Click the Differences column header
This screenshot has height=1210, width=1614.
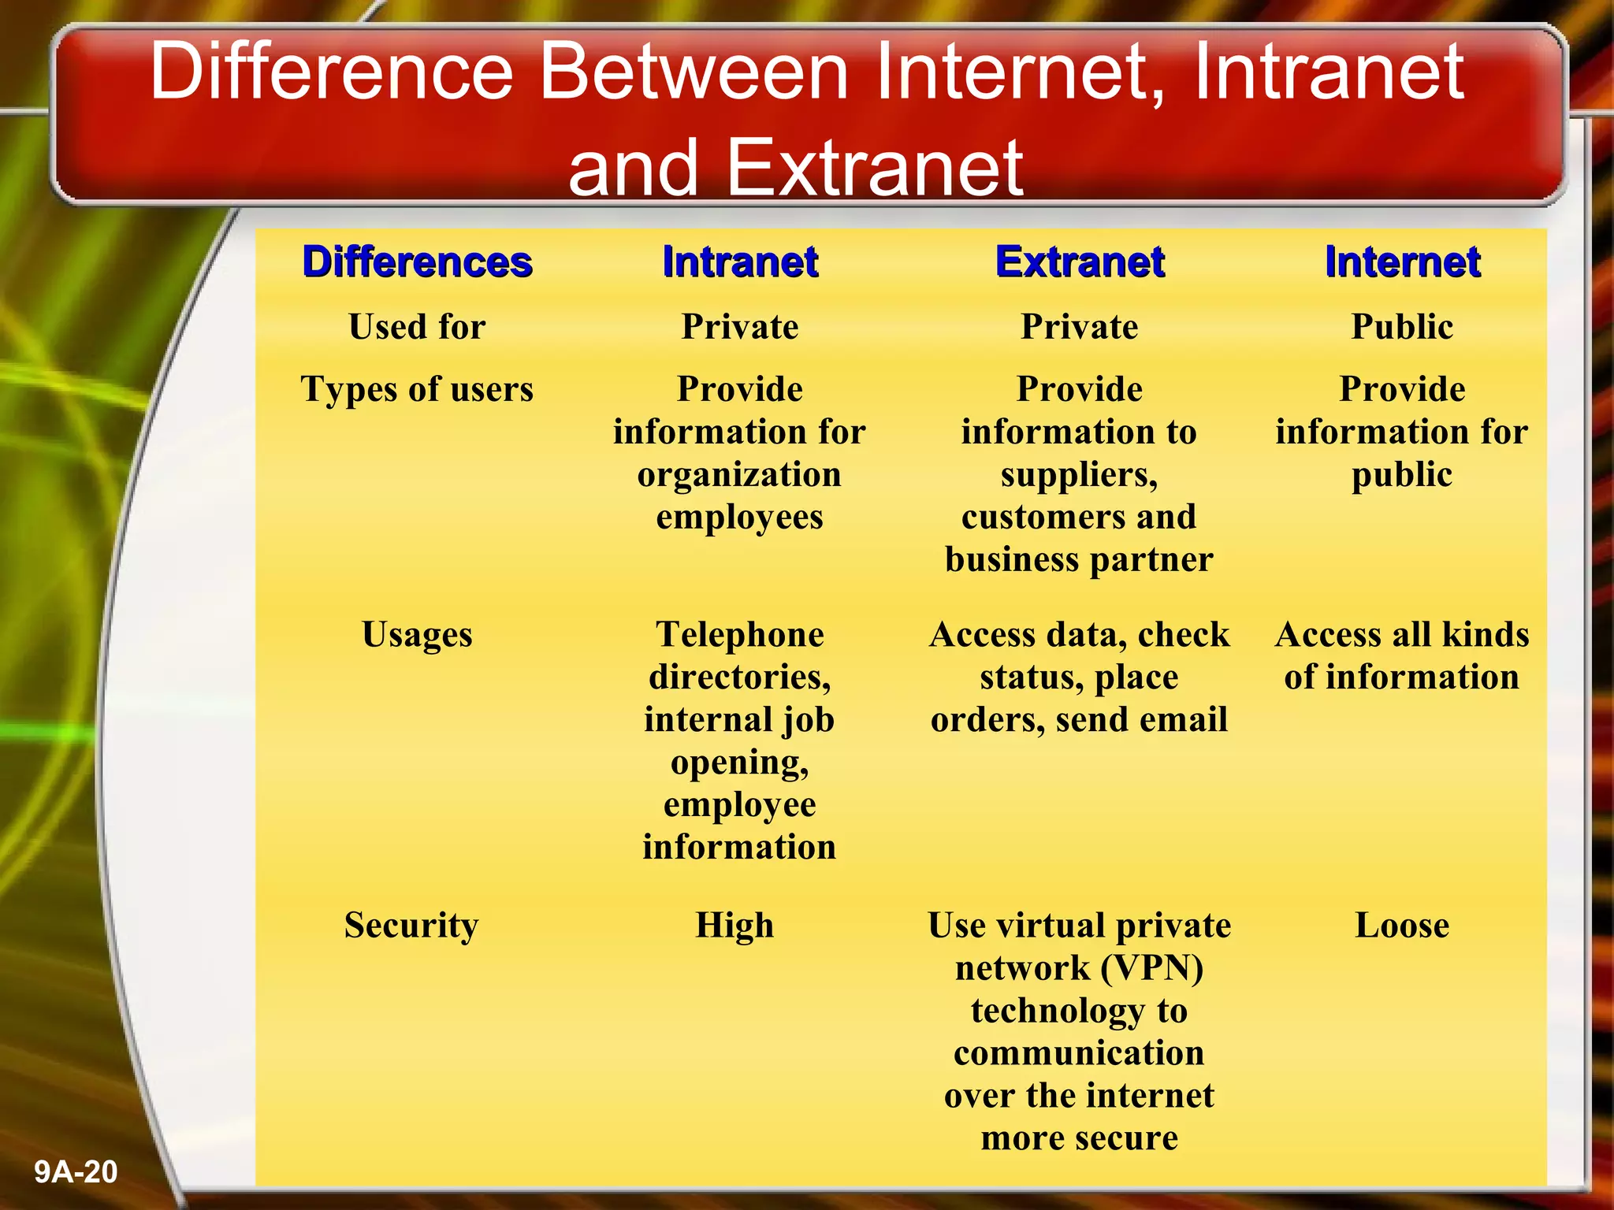click(417, 262)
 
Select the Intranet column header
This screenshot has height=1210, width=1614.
click(740, 262)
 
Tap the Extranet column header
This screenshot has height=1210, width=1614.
click(1080, 262)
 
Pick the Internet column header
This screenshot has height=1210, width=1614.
click(1402, 262)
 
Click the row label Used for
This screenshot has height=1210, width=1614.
click(417, 327)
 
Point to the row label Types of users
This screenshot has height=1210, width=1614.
click(417, 390)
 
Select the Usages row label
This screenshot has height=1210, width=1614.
click(417, 635)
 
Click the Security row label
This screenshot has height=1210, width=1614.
click(411, 926)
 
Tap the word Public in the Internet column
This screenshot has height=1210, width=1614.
click(1402, 327)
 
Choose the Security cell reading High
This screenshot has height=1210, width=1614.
click(734, 926)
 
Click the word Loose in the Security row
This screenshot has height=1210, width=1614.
click(1402, 926)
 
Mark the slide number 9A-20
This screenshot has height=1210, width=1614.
click(76, 1172)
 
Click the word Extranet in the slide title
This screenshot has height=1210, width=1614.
click(875, 168)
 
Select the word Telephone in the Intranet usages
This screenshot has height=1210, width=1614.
click(740, 635)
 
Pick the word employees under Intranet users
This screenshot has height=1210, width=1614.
click(740, 518)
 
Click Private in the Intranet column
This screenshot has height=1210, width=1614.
click(740, 327)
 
